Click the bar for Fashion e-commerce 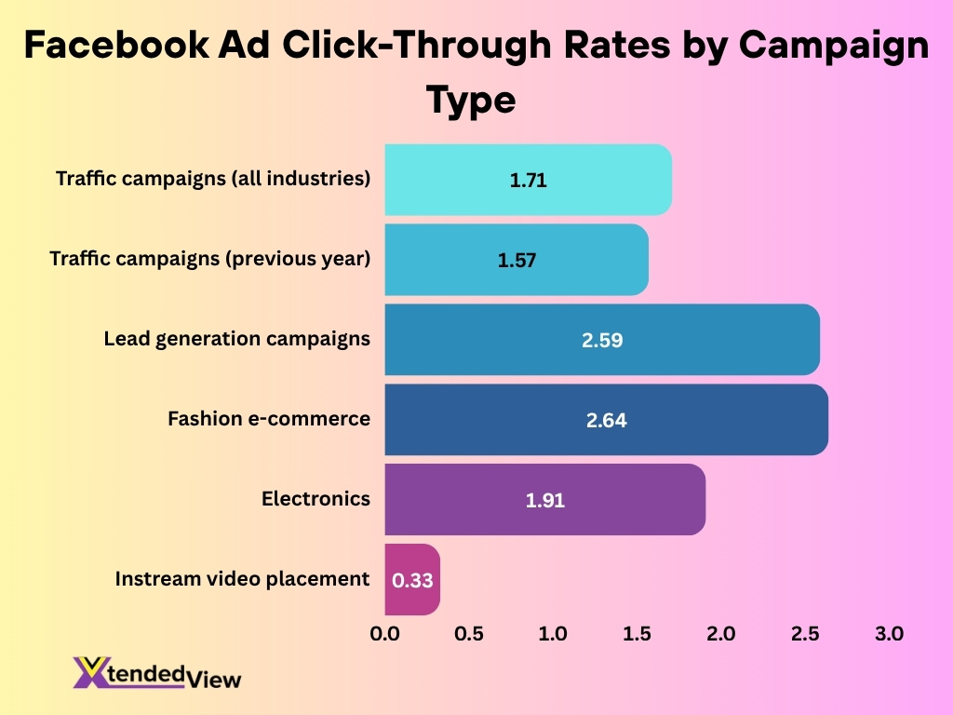click(605, 420)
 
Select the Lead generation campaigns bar click(601, 340)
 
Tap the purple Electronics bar click(544, 500)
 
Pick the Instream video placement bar click(411, 579)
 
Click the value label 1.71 click(528, 181)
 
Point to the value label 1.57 click(517, 261)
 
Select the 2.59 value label click(602, 341)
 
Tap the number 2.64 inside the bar click(606, 421)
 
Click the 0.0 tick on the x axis click(384, 634)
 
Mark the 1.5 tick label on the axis click(637, 634)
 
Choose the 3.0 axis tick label click(889, 634)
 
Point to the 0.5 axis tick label click(469, 634)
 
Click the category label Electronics click(315, 499)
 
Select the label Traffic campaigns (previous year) click(209, 259)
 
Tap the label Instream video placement click(242, 579)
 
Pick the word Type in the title click(471, 100)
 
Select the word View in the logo click(216, 680)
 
